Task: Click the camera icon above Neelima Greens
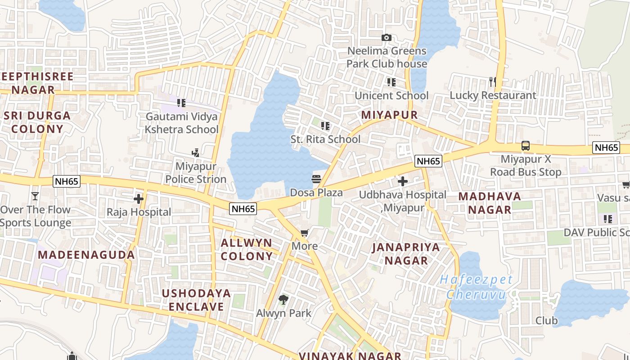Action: (386, 38)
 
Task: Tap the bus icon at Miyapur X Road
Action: (526, 145)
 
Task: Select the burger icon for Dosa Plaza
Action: (316, 179)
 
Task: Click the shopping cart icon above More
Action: (305, 233)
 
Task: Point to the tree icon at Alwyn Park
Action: (283, 299)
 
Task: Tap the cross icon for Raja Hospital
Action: (139, 198)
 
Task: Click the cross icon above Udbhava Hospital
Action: (403, 181)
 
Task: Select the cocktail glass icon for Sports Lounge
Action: (35, 196)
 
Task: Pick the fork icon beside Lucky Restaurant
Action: (493, 81)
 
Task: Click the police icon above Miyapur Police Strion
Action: (195, 153)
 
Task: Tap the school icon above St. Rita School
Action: (325, 126)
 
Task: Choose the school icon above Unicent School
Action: (391, 82)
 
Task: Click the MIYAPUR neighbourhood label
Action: (390, 115)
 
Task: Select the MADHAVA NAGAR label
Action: (490, 203)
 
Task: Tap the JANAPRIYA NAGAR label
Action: (406, 254)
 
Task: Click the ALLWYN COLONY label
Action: (247, 250)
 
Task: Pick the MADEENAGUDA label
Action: (86, 255)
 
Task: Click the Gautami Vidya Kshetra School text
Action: (182, 123)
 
